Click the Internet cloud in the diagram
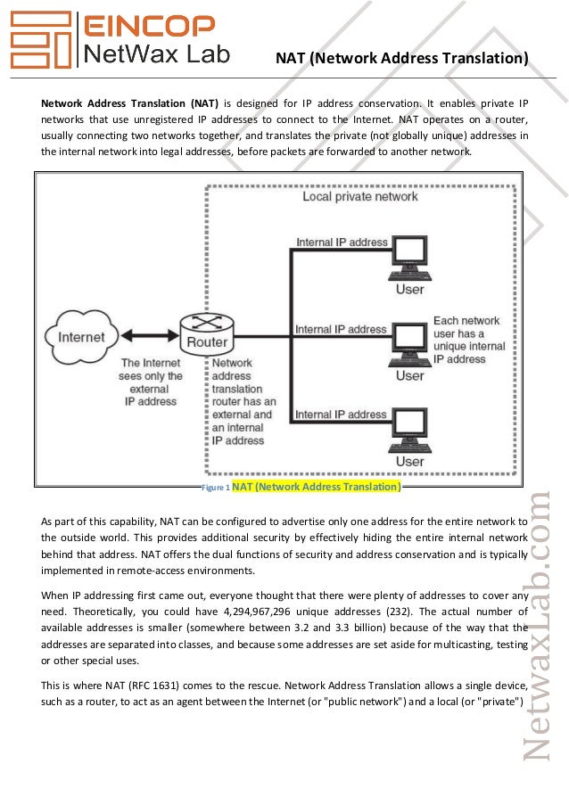coord(80,338)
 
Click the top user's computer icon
coord(410,256)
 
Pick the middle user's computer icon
coord(410,341)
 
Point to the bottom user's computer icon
coord(410,426)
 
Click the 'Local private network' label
coord(359,196)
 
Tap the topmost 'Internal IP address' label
coord(342,242)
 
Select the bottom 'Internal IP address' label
coord(342,415)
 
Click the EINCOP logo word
coord(148,27)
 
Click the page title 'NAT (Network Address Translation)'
coord(401,60)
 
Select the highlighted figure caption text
coord(317,487)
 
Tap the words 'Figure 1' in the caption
coord(217,489)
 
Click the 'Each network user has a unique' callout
coord(468,340)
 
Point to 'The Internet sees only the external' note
coord(151,382)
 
